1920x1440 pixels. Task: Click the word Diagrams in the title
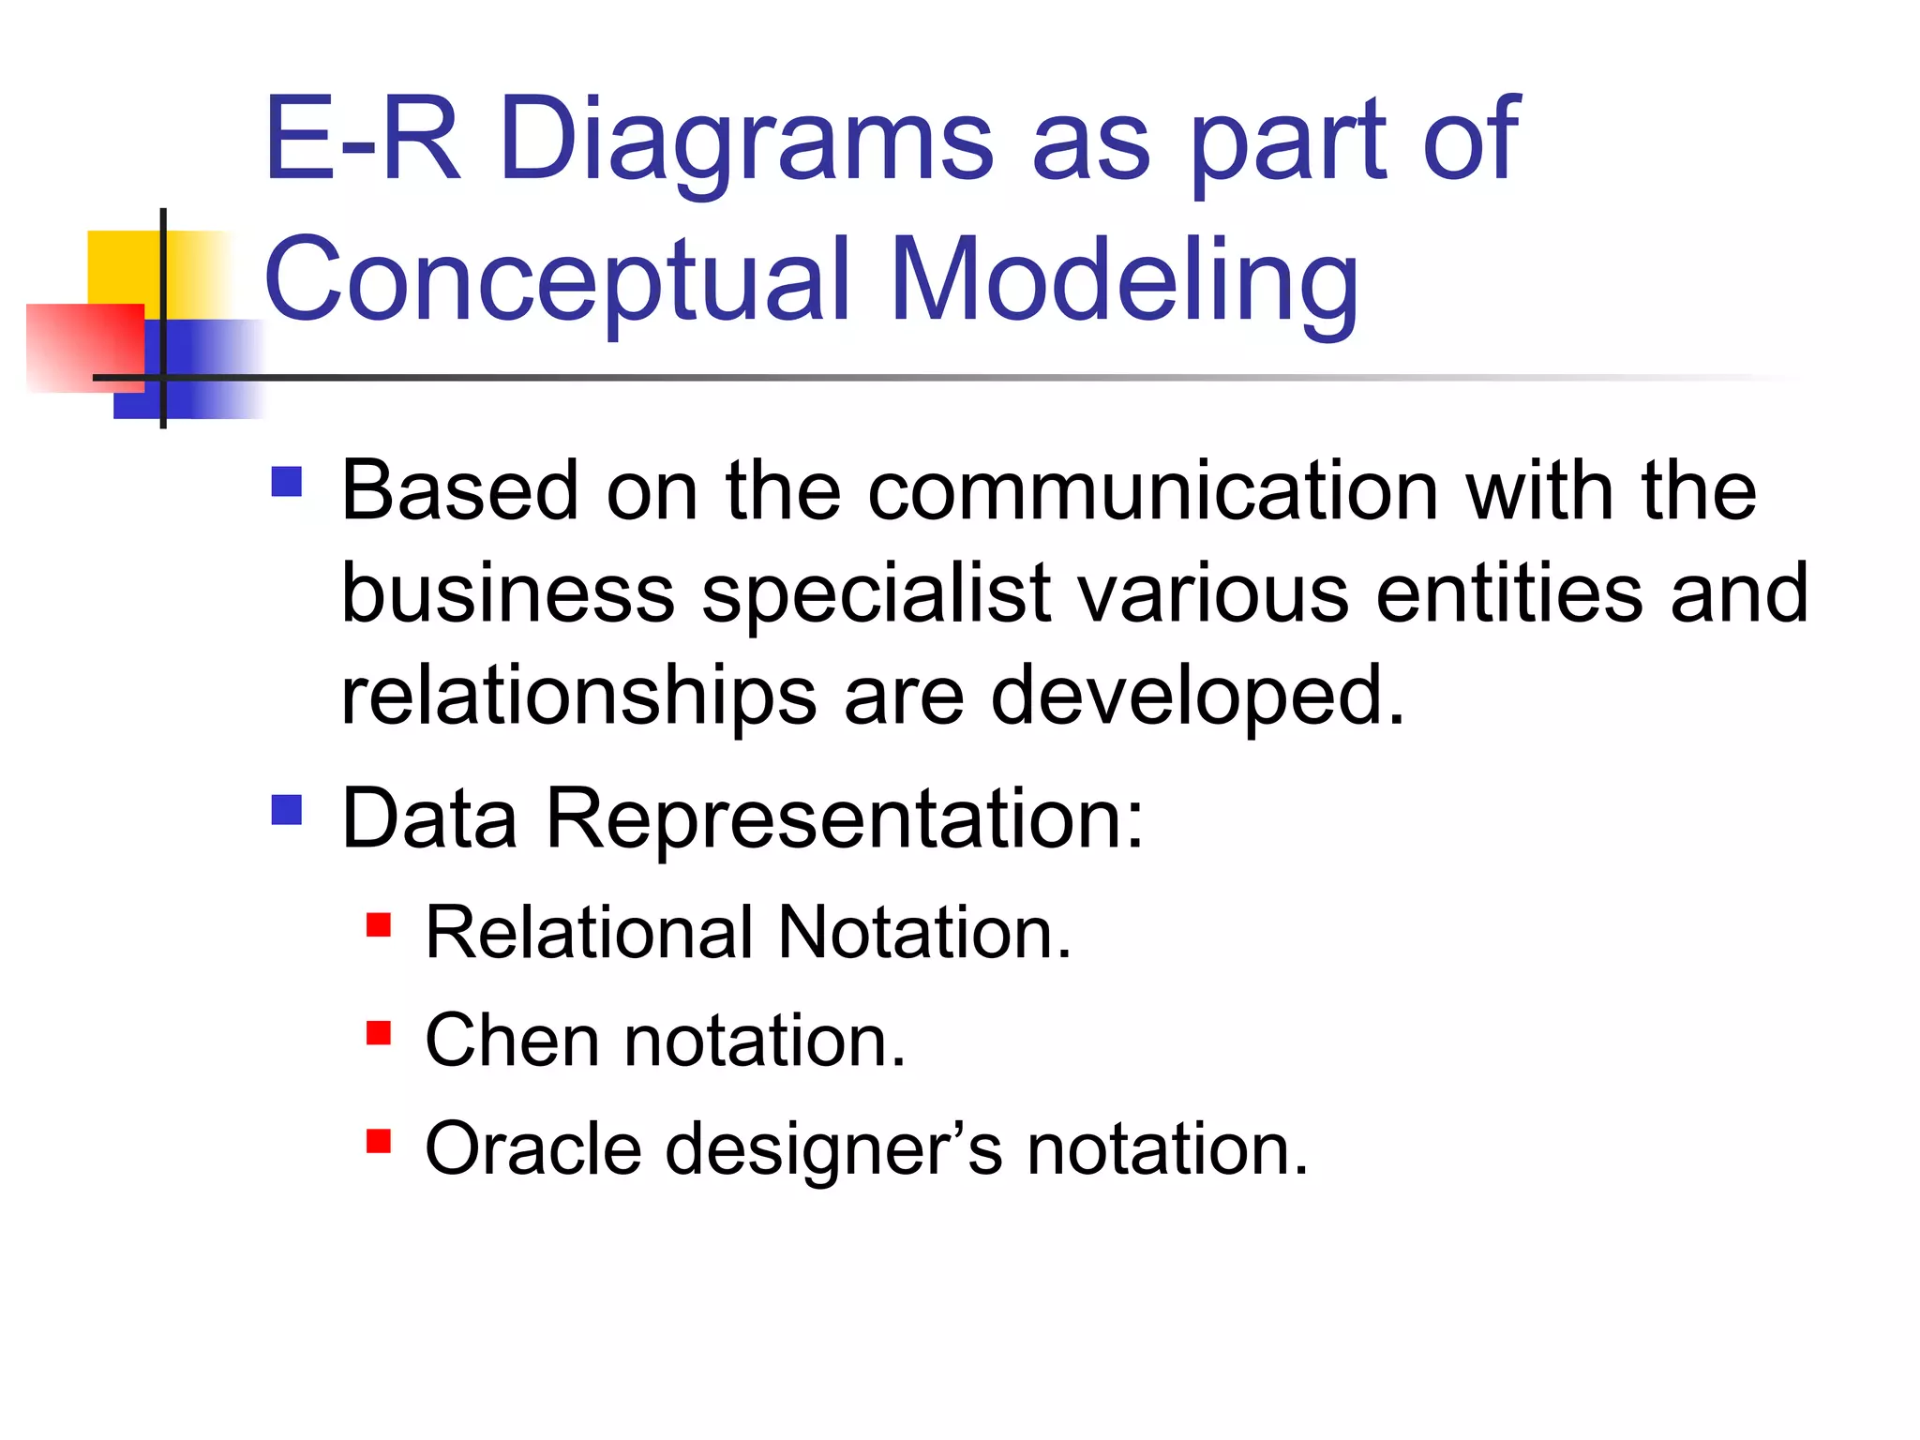point(745,141)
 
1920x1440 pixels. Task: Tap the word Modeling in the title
point(1124,281)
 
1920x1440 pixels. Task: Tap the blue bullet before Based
point(287,482)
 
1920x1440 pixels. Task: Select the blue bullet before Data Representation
point(287,810)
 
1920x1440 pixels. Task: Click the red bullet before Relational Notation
point(378,925)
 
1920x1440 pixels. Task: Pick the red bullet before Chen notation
point(378,1033)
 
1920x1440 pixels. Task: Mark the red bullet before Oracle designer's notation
point(378,1141)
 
